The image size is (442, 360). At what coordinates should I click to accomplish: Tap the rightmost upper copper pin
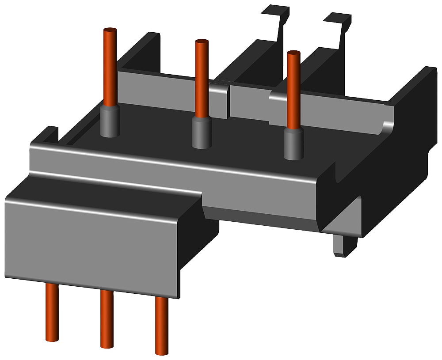tap(293, 88)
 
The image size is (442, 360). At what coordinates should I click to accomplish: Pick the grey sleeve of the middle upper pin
tap(201, 133)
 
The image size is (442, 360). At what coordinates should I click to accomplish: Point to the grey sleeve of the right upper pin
tap(292, 144)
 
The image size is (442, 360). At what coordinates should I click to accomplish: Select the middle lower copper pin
tap(106, 318)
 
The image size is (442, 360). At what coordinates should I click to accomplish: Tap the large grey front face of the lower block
tap(88, 247)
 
